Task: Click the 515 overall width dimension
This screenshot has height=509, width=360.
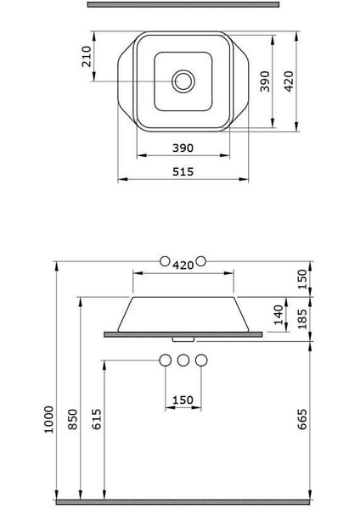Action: [183, 171]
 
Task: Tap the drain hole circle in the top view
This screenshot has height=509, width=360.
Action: [183, 81]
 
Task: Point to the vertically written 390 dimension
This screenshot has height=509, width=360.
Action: [265, 81]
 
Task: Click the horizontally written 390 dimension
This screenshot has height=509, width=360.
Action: [183, 148]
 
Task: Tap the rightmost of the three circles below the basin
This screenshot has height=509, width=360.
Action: [200, 360]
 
